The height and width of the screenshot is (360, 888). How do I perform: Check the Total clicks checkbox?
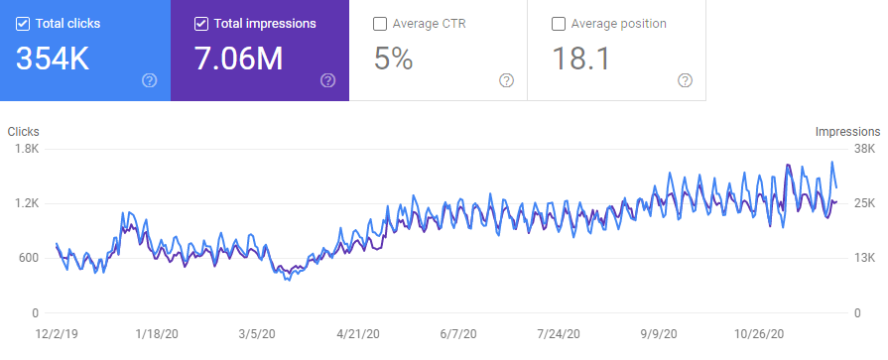coord(24,24)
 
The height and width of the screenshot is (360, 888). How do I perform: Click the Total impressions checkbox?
coord(202,24)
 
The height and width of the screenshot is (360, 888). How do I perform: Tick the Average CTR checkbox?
coord(381,24)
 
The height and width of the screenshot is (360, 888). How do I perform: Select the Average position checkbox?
coord(560,24)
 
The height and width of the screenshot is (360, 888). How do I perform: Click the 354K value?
coord(53,60)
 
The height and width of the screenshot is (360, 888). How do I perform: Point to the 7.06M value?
coord(237,60)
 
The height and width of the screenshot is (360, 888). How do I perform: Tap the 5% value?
coord(393,60)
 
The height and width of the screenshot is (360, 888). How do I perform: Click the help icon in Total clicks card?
coord(149,80)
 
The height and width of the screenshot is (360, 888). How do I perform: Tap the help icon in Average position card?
coord(685,80)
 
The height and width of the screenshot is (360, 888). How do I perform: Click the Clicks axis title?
coord(24,131)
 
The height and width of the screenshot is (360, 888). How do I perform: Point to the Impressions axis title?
coord(846,131)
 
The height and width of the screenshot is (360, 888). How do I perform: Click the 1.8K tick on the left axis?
coord(25,149)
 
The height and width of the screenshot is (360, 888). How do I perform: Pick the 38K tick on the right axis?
coord(865,149)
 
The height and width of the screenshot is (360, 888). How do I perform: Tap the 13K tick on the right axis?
coord(865,258)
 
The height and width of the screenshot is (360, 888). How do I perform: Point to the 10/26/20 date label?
coord(760,334)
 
